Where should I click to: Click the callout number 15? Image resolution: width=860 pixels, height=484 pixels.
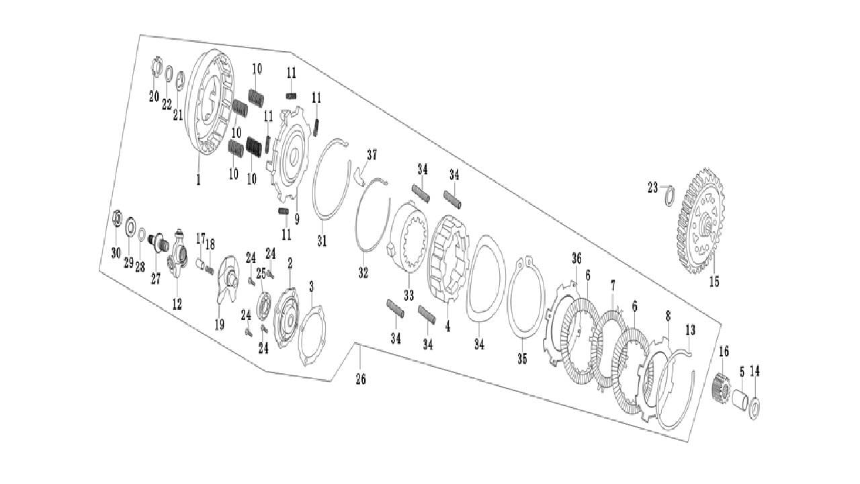point(714,282)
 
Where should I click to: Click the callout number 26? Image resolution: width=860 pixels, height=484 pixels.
point(361,380)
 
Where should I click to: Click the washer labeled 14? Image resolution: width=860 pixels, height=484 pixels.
point(755,407)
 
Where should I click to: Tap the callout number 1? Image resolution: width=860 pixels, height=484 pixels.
point(198,180)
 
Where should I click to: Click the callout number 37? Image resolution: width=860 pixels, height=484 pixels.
point(372,156)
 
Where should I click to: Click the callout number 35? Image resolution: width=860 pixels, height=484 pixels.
point(522,359)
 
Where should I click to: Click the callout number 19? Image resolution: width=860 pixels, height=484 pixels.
point(219,325)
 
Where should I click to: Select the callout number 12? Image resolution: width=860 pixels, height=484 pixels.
point(177,305)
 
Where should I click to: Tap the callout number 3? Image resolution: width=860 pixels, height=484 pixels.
point(311,287)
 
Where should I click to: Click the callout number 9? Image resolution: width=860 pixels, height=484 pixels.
point(296,218)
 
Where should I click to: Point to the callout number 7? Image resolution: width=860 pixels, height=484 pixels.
point(612,286)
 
